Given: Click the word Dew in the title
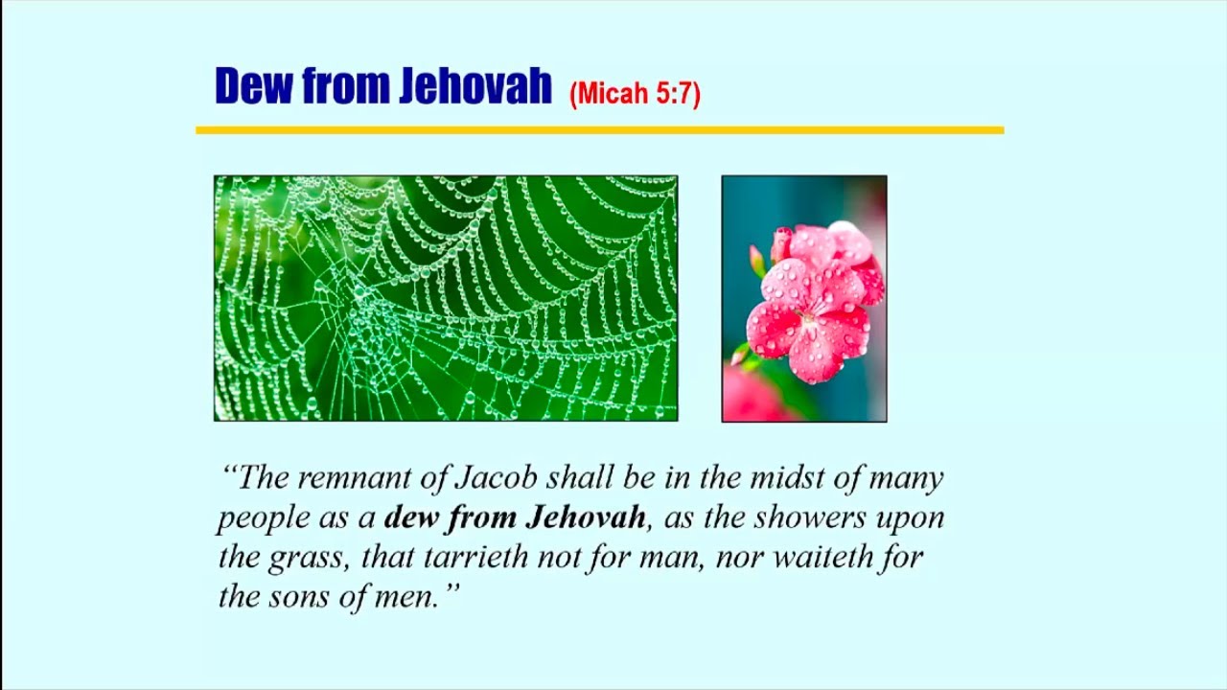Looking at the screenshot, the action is (253, 86).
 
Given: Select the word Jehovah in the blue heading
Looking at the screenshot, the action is (475, 86).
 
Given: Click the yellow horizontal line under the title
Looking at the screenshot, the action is (600, 130).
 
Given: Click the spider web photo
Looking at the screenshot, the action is (446, 298).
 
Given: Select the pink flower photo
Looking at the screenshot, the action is (804, 299).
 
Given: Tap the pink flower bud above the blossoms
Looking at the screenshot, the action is (780, 243).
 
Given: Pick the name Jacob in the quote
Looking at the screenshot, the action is (497, 477).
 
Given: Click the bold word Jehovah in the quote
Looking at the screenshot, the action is (585, 517).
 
